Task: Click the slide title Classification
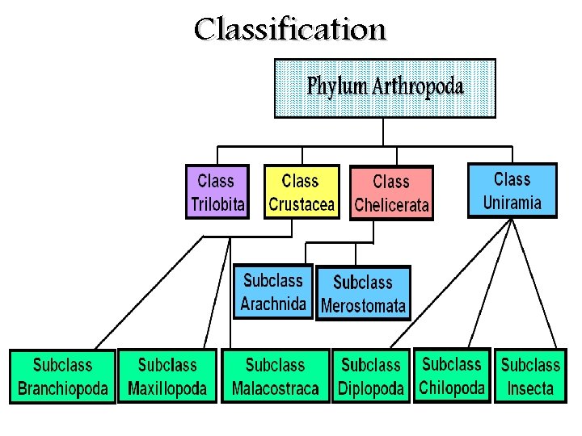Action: [x=290, y=30]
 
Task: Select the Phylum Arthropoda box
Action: [x=385, y=88]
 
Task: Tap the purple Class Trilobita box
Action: [x=217, y=192]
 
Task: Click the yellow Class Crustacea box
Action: [x=301, y=192]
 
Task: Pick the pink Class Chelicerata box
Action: [x=391, y=193]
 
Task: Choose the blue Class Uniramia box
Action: [x=512, y=191]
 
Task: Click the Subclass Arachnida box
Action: [x=273, y=292]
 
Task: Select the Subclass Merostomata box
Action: [x=363, y=294]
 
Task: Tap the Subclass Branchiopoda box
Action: [x=62, y=376]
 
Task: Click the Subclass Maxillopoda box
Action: [x=167, y=376]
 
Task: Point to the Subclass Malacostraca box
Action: [x=275, y=376]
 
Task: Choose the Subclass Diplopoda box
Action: [x=371, y=376]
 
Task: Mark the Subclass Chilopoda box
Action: [x=452, y=375]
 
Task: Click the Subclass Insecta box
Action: [x=530, y=376]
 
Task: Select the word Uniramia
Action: [x=512, y=203]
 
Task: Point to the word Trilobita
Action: [x=217, y=204]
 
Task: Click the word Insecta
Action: [x=530, y=388]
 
